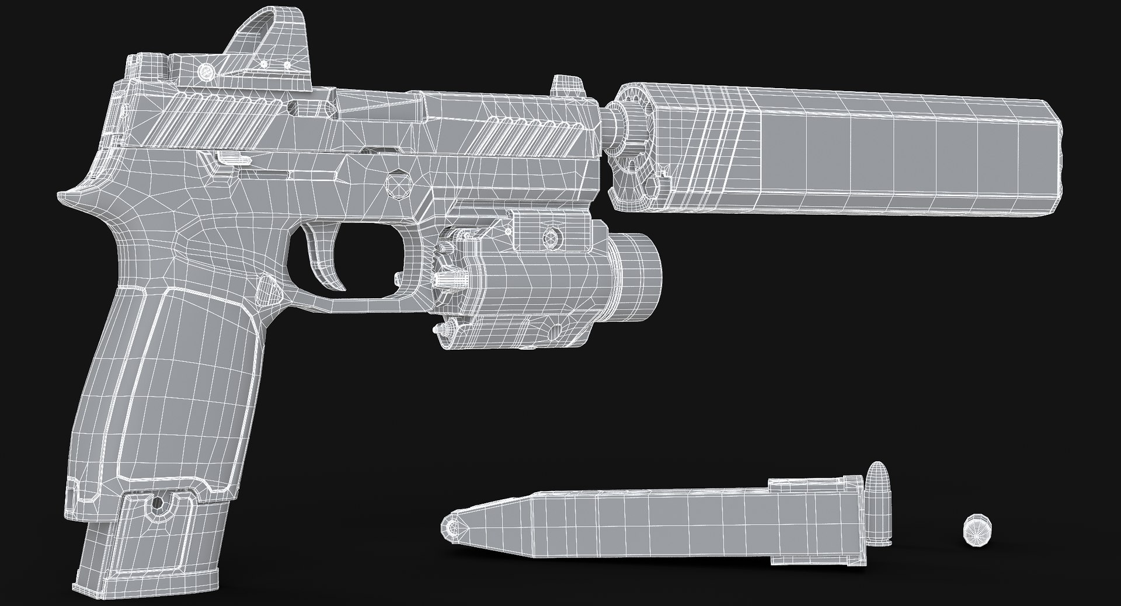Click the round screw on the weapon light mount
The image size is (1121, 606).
pos(549,237)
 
